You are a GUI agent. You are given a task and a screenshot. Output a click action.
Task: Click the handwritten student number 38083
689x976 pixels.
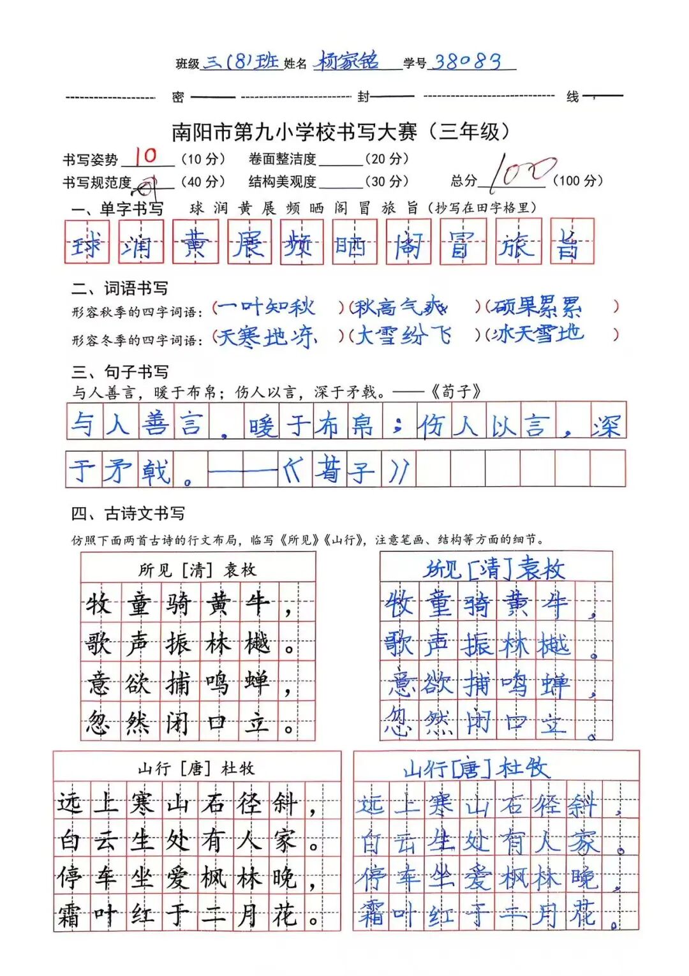(467, 61)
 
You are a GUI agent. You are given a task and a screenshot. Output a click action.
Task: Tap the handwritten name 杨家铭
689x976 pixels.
(348, 61)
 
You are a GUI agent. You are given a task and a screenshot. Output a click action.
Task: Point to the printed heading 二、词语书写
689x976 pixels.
(119, 288)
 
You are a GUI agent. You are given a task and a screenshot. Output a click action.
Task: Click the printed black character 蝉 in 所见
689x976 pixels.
(256, 683)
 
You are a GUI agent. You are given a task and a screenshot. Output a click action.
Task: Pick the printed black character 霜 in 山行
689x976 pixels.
(70, 915)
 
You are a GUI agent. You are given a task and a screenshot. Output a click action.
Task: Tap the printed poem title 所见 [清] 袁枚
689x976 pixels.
(198, 570)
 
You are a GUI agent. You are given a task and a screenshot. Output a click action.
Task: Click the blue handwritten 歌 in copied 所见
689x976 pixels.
(399, 644)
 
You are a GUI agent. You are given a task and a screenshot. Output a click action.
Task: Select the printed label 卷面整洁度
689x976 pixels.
(282, 159)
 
